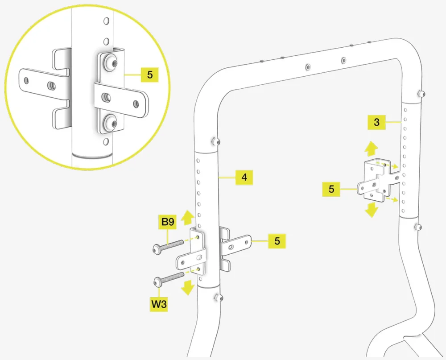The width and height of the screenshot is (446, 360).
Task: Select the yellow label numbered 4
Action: (244, 178)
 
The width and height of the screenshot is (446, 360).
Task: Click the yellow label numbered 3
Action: (377, 122)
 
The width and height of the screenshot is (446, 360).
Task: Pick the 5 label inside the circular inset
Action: (149, 74)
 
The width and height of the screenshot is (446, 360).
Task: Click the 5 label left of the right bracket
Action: (331, 189)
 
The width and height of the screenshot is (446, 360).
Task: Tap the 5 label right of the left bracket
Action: (277, 241)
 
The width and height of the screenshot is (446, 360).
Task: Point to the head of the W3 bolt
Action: (158, 281)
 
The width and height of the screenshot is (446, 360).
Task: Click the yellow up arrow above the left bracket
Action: (188, 217)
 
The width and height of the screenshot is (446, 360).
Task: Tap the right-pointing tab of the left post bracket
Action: (241, 244)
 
